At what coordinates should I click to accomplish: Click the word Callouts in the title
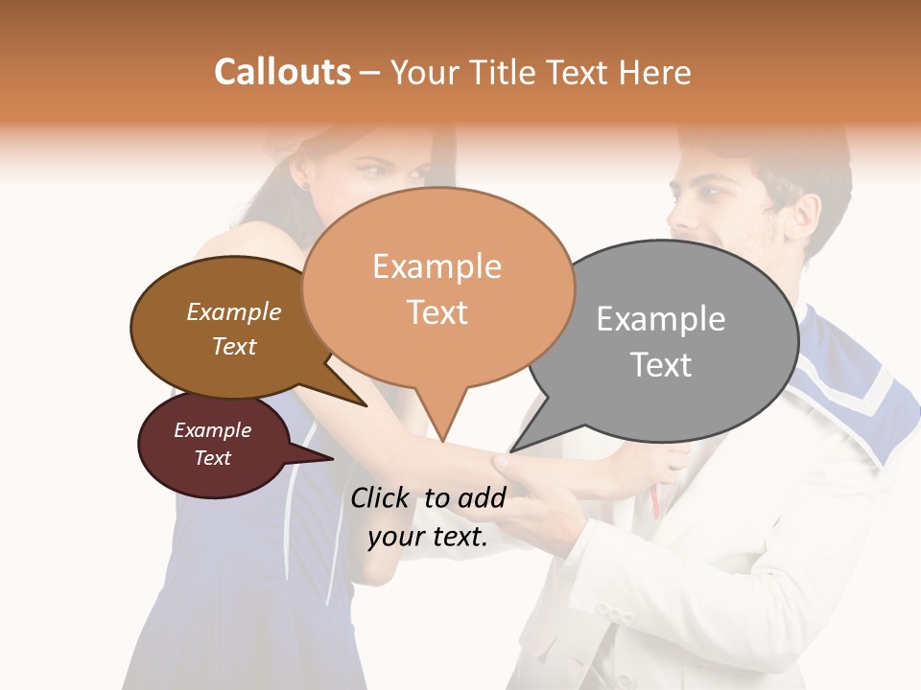282,72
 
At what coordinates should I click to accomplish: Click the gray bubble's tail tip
511,450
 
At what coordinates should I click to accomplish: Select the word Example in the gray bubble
660,319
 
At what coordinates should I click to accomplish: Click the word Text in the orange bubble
437,312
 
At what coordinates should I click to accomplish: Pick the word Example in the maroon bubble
212,430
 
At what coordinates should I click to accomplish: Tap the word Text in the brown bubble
234,346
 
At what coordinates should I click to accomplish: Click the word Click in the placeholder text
381,497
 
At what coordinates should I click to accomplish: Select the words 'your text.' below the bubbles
428,537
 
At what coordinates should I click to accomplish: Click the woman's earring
306,182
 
